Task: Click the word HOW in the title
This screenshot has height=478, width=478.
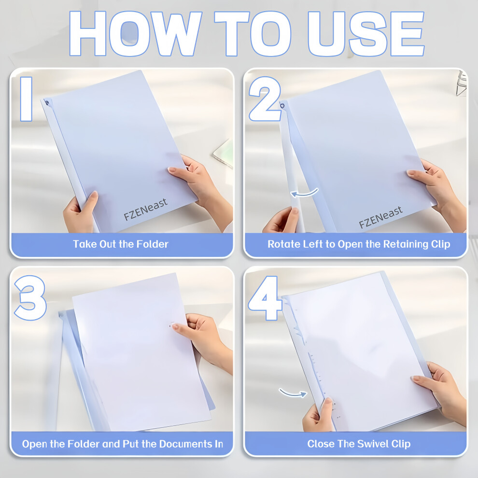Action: (135, 33)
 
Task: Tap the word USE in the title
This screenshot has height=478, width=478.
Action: (366, 33)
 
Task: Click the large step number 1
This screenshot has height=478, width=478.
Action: (26, 99)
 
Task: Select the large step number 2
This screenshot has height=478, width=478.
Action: (265, 99)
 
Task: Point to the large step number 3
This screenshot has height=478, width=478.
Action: (30, 298)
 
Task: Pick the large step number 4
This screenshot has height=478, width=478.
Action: (265, 298)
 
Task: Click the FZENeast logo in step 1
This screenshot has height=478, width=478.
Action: (146, 209)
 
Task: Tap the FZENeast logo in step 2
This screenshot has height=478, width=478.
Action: (381, 217)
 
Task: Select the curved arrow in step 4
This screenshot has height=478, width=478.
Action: (293, 393)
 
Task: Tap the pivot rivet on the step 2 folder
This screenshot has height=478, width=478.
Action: (282, 106)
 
